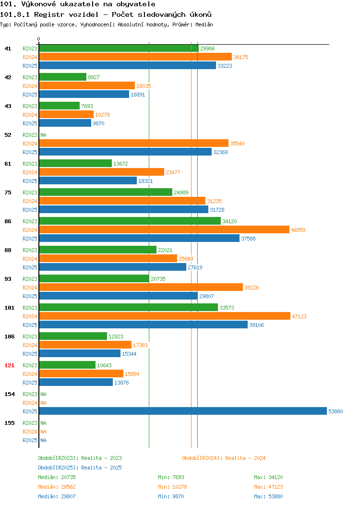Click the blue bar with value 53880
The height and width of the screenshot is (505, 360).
183,411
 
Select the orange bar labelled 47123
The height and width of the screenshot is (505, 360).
165,316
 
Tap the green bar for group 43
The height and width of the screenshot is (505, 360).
59,106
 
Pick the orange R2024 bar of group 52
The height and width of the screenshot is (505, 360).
133,144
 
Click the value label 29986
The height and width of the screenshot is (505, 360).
207,48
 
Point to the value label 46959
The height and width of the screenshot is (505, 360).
298,230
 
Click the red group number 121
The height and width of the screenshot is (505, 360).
9,365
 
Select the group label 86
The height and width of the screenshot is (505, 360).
8,221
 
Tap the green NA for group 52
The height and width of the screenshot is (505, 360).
44,135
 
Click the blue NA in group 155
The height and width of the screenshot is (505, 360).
44,440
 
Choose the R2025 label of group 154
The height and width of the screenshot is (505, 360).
30,411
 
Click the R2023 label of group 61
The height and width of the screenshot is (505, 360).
30,164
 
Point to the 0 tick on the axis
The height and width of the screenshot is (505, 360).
39,39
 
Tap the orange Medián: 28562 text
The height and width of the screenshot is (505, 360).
57,487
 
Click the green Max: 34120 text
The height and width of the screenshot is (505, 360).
268,477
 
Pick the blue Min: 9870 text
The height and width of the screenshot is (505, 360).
171,496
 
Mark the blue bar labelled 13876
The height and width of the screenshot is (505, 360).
76,382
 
